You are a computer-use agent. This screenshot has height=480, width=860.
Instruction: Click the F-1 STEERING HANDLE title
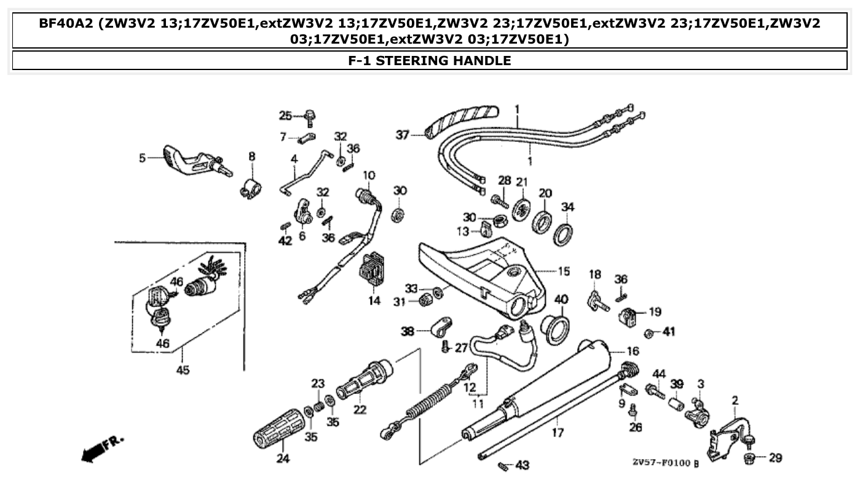429,60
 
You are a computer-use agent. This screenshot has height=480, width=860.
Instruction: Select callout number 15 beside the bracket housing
563,270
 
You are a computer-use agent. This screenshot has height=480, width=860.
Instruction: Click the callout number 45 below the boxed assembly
183,370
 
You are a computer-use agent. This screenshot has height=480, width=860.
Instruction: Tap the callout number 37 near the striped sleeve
401,135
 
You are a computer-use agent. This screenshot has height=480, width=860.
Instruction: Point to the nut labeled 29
751,458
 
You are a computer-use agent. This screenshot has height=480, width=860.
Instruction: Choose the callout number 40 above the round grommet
561,299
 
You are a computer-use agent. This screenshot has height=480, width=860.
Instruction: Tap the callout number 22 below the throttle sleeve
360,410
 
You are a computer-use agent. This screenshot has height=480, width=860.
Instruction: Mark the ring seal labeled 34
564,235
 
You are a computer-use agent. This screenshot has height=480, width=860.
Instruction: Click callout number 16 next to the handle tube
633,351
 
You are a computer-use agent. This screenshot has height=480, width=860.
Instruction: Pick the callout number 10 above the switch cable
368,176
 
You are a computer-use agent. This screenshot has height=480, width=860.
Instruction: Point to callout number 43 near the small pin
523,465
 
